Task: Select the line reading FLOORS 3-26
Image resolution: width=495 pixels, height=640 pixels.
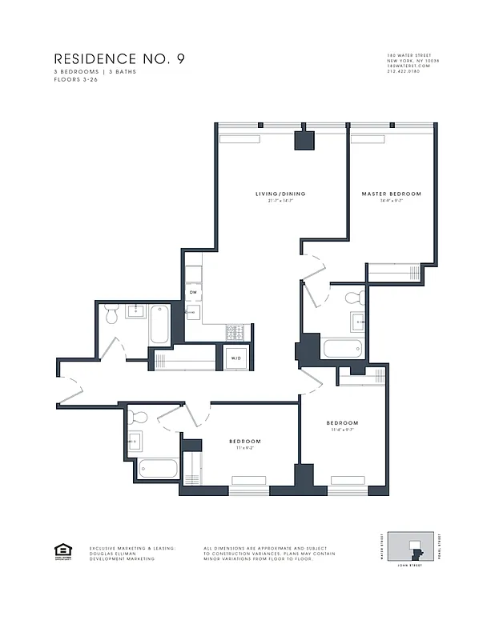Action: [73, 81]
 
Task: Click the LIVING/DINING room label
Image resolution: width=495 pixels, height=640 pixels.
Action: [280, 194]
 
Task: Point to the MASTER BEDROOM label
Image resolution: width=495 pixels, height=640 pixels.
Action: [391, 194]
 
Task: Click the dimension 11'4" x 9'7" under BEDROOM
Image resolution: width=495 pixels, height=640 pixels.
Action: [341, 430]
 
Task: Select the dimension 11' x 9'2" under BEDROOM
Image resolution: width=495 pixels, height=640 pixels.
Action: [244, 449]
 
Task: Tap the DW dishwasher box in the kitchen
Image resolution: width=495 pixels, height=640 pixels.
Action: [193, 293]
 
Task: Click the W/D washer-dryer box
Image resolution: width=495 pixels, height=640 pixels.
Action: [236, 358]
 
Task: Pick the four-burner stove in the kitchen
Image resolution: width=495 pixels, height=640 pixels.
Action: [237, 330]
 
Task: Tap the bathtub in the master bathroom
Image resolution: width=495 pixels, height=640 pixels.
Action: [343, 349]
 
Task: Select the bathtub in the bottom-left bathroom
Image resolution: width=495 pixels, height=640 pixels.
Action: [158, 469]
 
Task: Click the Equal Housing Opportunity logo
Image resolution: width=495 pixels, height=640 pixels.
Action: [62, 550]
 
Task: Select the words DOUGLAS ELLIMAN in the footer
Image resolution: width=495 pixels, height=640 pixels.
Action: [113, 554]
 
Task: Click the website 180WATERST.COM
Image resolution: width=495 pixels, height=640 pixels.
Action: [408, 66]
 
